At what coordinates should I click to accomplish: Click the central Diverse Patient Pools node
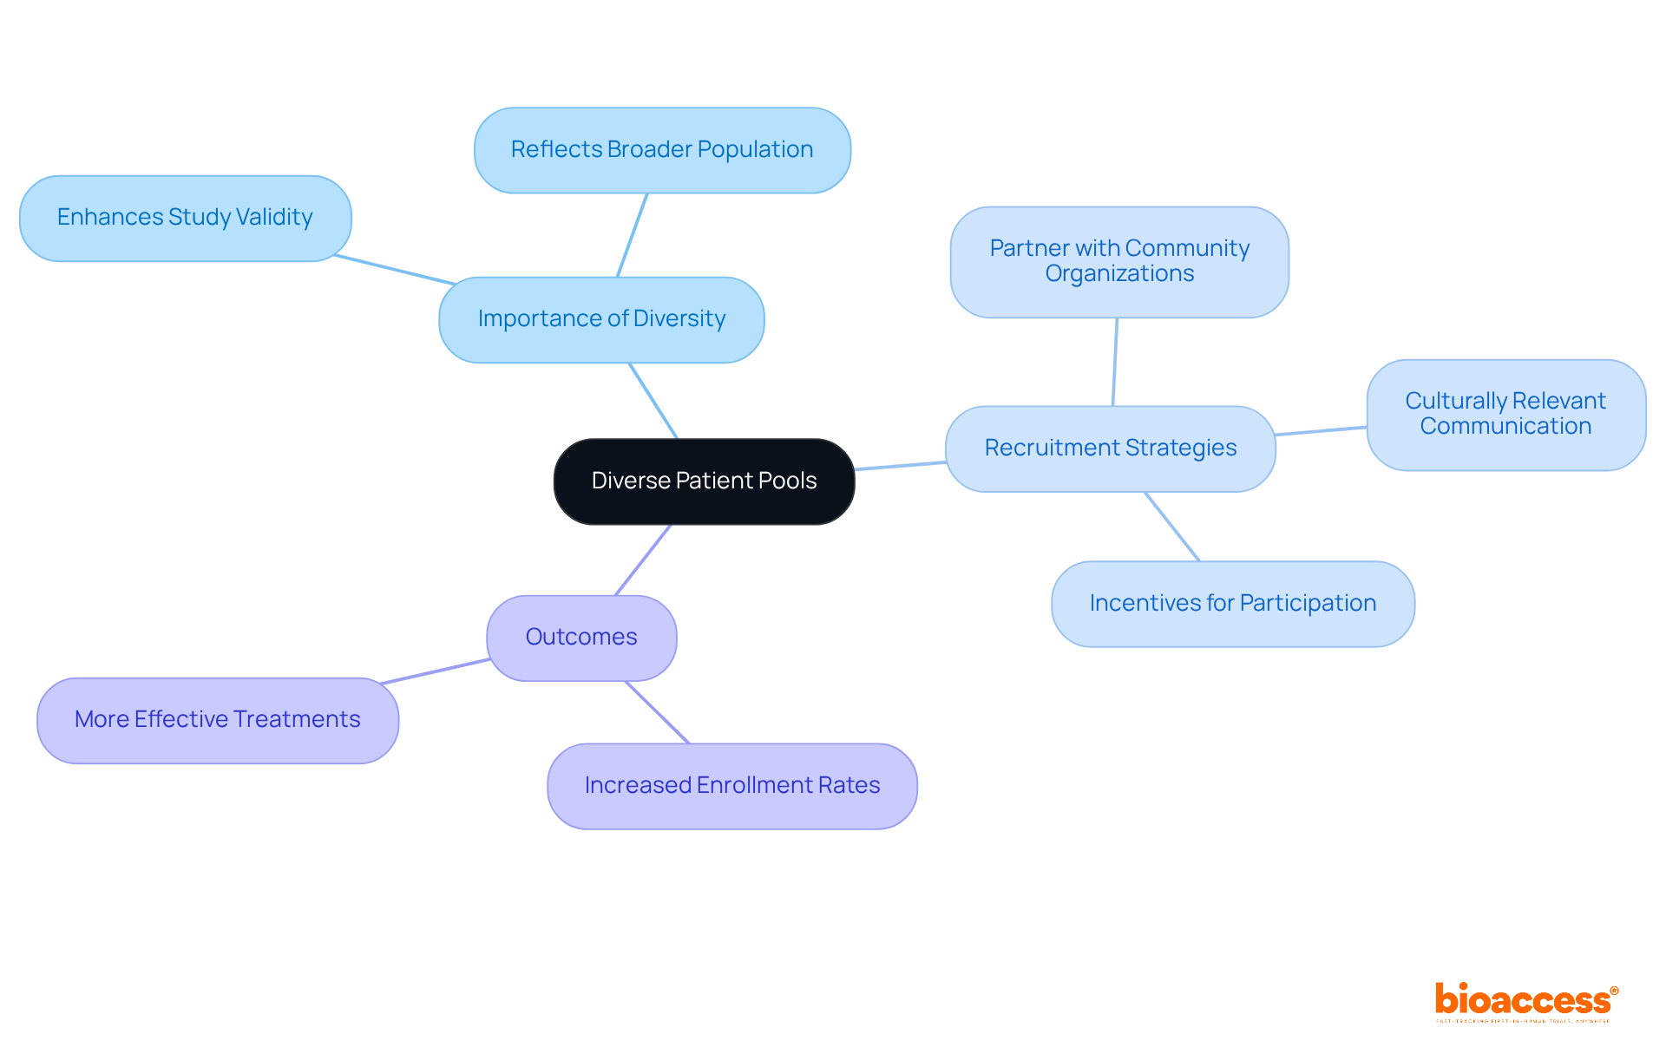tap(704, 481)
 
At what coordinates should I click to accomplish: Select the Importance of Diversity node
tap(601, 319)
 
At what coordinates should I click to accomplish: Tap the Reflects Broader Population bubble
tap(662, 150)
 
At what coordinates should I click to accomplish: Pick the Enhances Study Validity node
tap(185, 218)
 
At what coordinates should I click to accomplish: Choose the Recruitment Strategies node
tap(1110, 448)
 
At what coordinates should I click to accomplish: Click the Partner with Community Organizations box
tap(1119, 261)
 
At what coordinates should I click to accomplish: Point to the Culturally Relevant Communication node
tap(1505, 415)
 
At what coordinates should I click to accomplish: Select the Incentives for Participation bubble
tap(1232, 604)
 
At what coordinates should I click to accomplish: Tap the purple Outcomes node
tap(581, 638)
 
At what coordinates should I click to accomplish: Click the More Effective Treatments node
tap(217, 720)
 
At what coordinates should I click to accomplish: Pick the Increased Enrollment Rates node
tap(731, 786)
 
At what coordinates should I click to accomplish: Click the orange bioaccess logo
tap(1525, 1001)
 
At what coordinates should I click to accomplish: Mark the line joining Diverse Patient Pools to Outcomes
tap(643, 560)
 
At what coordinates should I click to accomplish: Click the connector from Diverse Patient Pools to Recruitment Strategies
tap(900, 466)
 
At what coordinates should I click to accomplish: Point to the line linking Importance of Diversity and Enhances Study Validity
tap(395, 270)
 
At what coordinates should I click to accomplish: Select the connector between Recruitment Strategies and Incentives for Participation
tap(1172, 527)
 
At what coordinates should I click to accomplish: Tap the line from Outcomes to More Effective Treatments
tap(436, 671)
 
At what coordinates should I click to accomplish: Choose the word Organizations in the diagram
tap(1119, 274)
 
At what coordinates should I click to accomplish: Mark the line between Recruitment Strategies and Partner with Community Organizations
tap(1115, 362)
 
